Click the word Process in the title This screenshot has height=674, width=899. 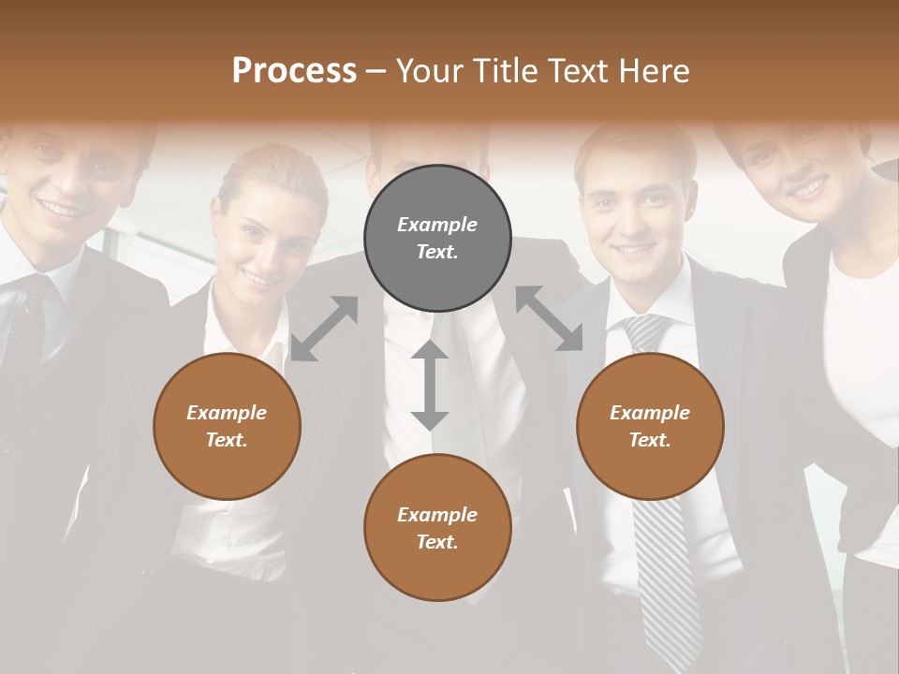tap(294, 71)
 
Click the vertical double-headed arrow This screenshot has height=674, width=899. tap(430, 385)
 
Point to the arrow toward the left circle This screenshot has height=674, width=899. tap(324, 329)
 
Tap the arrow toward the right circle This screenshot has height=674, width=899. tap(550, 318)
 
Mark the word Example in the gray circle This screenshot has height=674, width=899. tap(437, 225)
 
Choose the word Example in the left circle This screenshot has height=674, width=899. tap(227, 413)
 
